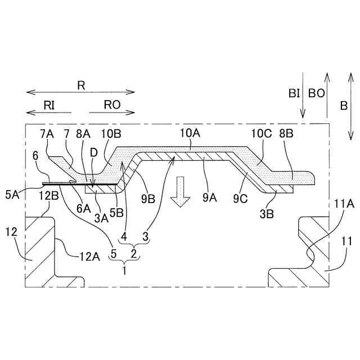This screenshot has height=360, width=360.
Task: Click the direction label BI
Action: (x=294, y=93)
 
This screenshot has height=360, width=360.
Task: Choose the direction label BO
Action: (x=316, y=93)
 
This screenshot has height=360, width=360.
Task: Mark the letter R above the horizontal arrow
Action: (x=81, y=85)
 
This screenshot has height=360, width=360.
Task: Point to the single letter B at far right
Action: (x=342, y=105)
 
